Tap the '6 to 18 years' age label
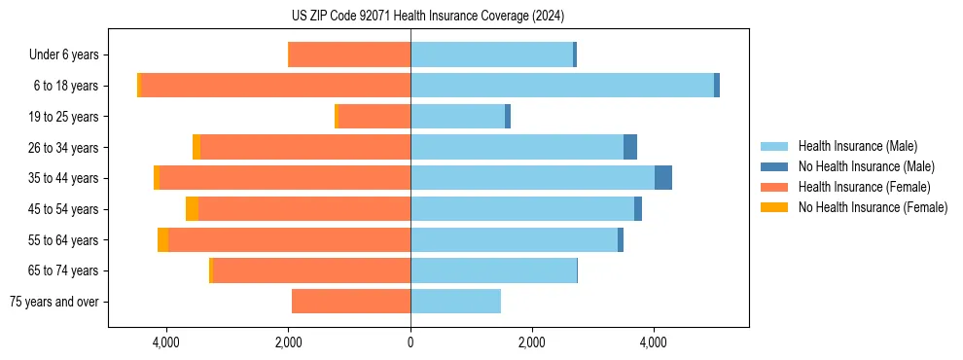point(65,86)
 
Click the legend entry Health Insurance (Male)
point(857,146)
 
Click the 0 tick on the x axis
point(410,342)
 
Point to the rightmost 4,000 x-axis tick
point(653,342)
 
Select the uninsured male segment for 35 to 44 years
point(663,178)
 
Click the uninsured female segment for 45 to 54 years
point(192,209)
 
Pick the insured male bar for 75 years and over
point(455,302)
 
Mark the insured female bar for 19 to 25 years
point(374,117)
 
